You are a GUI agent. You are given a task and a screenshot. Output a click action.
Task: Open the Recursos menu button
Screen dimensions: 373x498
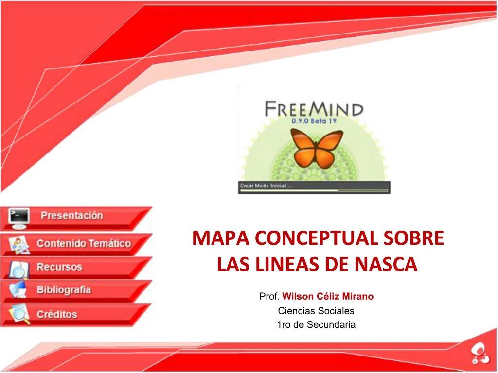point(73,267)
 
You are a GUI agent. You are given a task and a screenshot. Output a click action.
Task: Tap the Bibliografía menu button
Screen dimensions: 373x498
point(73,290)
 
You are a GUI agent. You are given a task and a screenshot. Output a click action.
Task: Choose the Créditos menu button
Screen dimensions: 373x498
point(73,314)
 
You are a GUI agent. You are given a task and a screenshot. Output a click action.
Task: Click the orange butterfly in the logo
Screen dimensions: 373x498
point(315,148)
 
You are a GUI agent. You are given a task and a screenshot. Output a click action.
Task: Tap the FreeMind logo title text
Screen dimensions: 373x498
point(314,108)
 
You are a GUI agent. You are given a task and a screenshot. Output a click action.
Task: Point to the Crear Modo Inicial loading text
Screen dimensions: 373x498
point(266,186)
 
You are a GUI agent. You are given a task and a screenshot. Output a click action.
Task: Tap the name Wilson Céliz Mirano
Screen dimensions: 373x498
point(328,296)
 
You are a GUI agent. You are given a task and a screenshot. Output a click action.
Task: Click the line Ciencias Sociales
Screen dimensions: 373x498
point(316,311)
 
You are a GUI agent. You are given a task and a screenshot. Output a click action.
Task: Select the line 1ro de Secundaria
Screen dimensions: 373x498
point(316,324)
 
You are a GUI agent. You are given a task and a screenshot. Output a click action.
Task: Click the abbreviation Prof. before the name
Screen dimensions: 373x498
point(269,296)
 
